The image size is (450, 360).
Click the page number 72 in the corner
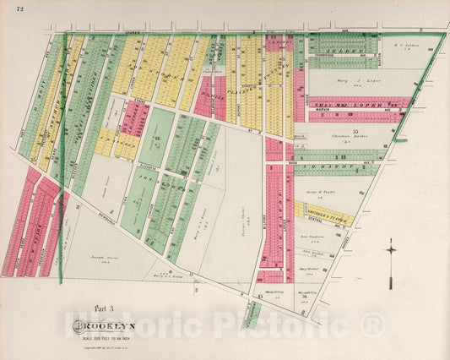click(10, 8)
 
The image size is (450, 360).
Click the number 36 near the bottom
click(302, 296)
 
